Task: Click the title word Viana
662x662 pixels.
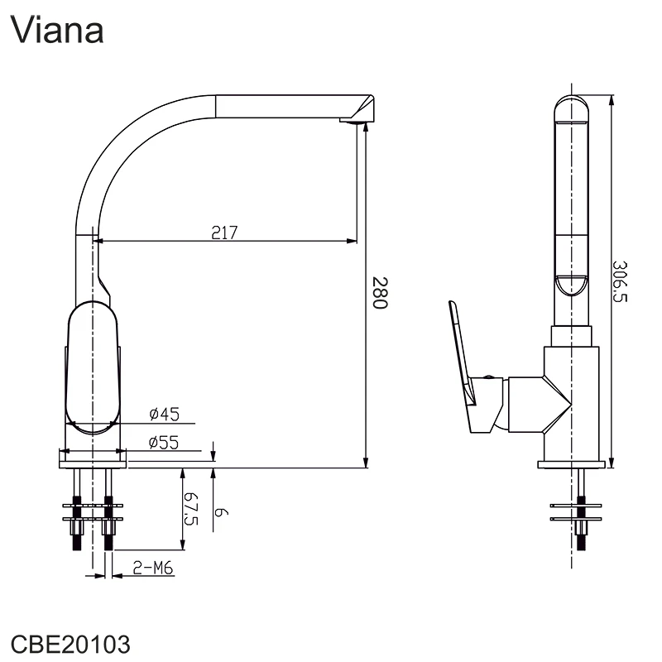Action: [x=57, y=30]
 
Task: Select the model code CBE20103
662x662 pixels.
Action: [x=70, y=644]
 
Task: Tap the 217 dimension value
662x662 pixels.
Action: [x=223, y=233]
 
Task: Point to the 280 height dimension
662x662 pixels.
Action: [x=379, y=293]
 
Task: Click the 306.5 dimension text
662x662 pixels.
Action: [x=620, y=281]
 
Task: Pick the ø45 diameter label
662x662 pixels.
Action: [x=164, y=414]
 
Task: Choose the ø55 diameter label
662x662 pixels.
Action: [x=164, y=442]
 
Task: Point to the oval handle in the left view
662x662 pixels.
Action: [x=93, y=368]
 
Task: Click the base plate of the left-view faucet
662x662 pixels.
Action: [x=93, y=456]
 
